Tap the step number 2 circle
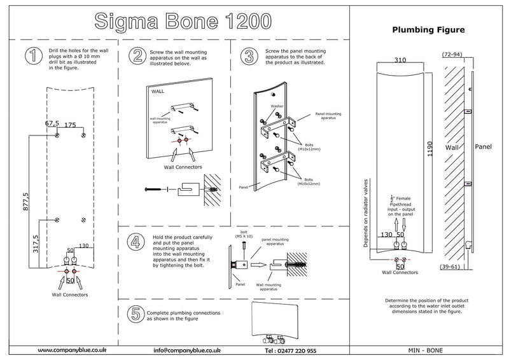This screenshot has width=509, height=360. tap(136, 56)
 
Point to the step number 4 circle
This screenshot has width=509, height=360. tap(136, 242)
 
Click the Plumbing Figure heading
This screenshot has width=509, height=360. tap(427, 29)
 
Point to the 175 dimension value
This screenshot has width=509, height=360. tap(70, 124)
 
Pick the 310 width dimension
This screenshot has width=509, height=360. tap(399, 60)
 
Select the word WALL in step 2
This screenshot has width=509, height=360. tap(158, 91)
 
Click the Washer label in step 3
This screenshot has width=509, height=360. tap(277, 106)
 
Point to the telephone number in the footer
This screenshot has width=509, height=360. tap(290, 350)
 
